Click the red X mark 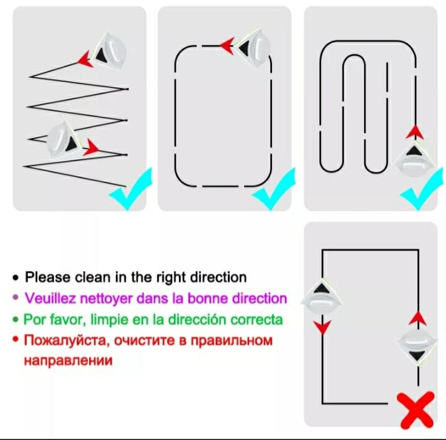point(418,410)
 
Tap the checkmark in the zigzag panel point(131,189)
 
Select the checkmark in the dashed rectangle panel point(274,189)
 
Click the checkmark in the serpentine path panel point(422,189)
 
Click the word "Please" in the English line point(48,277)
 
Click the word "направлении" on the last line point(68,360)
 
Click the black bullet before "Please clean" point(16,277)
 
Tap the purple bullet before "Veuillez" point(16,298)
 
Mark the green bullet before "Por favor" point(16,319)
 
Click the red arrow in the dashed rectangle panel point(227,45)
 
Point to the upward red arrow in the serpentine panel point(415,132)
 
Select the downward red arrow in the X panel point(322,327)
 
